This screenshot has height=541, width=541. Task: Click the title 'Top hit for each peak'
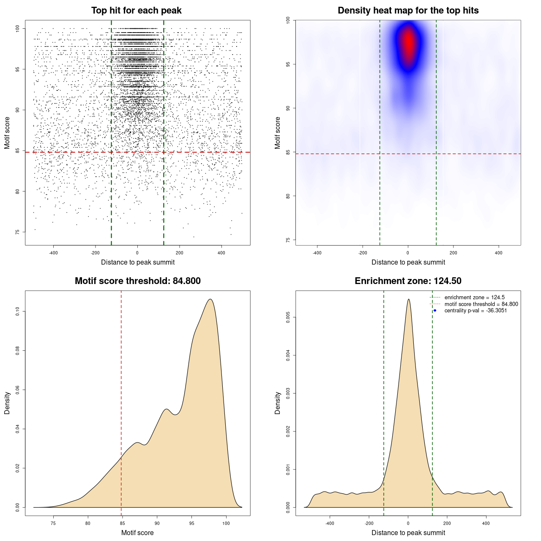tap(136, 11)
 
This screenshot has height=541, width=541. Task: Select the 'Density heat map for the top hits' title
tap(408, 11)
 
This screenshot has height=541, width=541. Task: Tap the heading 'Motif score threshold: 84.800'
tap(137, 281)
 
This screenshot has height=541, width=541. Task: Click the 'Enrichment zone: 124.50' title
tap(408, 281)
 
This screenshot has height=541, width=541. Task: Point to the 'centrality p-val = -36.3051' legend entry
tap(475, 311)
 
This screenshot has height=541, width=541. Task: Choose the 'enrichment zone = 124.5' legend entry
tap(474, 298)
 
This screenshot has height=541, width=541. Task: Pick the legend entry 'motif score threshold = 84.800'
tap(481, 304)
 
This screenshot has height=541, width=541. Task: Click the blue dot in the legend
tap(435, 311)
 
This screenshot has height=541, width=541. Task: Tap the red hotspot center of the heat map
tap(408, 42)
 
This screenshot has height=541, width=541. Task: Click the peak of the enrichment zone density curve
tap(408, 299)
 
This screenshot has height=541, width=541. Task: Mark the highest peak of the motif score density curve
tap(210, 299)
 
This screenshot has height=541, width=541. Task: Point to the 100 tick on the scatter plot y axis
tap(18, 28)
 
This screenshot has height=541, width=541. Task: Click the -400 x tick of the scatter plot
tap(53, 253)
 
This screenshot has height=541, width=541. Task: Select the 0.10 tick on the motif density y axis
tap(18, 311)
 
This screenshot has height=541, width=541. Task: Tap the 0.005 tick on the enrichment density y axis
tap(288, 317)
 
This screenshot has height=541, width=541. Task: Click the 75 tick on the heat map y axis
tap(288, 240)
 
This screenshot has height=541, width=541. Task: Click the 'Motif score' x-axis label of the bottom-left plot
tap(137, 533)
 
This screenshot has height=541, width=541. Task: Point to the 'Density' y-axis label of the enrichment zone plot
tap(278, 403)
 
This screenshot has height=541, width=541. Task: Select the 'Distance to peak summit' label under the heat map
tap(408, 262)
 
